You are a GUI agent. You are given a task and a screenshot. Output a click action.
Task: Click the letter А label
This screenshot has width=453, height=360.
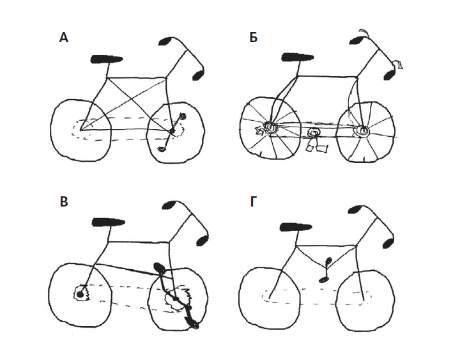[x=63, y=38]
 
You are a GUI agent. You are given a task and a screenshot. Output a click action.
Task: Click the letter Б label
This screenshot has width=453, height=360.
[x=254, y=38]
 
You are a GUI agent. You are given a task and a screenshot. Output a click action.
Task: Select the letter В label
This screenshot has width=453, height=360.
[x=63, y=202]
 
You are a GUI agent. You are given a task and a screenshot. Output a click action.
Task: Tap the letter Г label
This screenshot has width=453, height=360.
[x=254, y=202]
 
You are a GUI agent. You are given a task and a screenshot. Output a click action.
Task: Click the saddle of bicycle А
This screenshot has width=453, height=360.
[x=107, y=59]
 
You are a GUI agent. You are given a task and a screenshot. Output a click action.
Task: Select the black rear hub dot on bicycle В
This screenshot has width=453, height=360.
[x=81, y=294]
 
